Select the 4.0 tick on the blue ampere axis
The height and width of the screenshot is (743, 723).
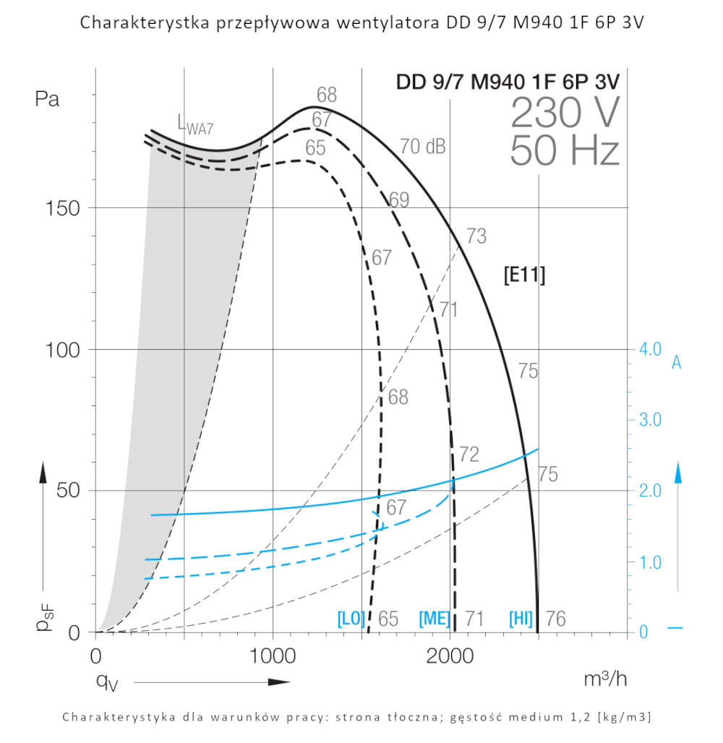tap(650, 349)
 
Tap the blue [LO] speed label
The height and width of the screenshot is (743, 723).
tap(351, 619)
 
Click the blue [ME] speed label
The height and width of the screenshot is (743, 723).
tap(435, 619)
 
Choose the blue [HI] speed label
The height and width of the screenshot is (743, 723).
tap(521, 619)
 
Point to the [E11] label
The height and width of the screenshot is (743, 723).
tap(524, 275)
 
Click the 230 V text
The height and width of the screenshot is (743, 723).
tap(565, 113)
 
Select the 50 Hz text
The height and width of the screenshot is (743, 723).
tap(565, 151)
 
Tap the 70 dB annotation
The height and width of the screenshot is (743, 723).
tap(423, 147)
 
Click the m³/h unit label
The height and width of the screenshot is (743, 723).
tap(606, 679)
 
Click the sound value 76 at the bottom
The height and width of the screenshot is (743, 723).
tap(555, 619)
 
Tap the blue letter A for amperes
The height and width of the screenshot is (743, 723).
tap(677, 363)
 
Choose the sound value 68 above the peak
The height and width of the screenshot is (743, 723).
tap(327, 95)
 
